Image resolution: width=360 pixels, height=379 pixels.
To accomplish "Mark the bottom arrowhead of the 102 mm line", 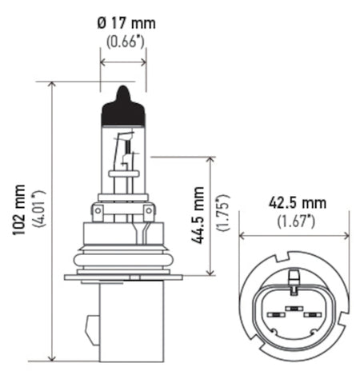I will point(53,357).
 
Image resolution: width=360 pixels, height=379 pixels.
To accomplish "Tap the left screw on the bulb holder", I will point(99,212).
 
